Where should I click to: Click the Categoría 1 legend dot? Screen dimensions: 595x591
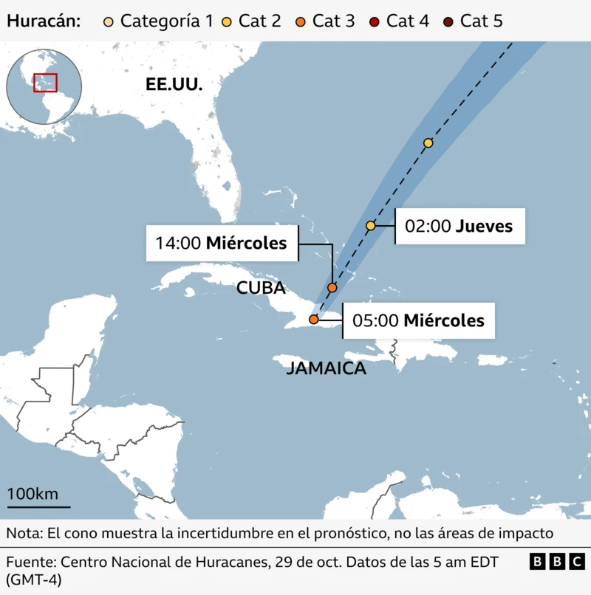tap(109, 21)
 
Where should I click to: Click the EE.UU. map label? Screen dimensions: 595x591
tap(174, 85)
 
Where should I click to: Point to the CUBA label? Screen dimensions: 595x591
tap(261, 288)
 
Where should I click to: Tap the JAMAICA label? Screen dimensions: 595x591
tap(326, 368)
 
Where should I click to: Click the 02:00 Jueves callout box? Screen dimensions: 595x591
tap(460, 226)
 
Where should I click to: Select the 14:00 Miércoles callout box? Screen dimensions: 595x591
tap(222, 243)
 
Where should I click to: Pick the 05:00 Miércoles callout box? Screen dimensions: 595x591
tap(418, 320)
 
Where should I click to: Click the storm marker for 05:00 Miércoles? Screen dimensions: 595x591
tap(314, 320)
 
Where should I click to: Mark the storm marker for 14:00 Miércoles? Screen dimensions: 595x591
tap(332, 287)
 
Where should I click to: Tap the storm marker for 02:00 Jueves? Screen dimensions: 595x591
tap(371, 225)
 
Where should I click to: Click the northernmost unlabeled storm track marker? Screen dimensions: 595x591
tap(428, 142)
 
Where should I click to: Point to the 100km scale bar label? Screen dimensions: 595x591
tap(33, 494)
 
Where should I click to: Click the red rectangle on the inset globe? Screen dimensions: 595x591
tap(45, 83)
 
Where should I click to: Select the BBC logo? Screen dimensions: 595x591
tap(557, 562)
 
